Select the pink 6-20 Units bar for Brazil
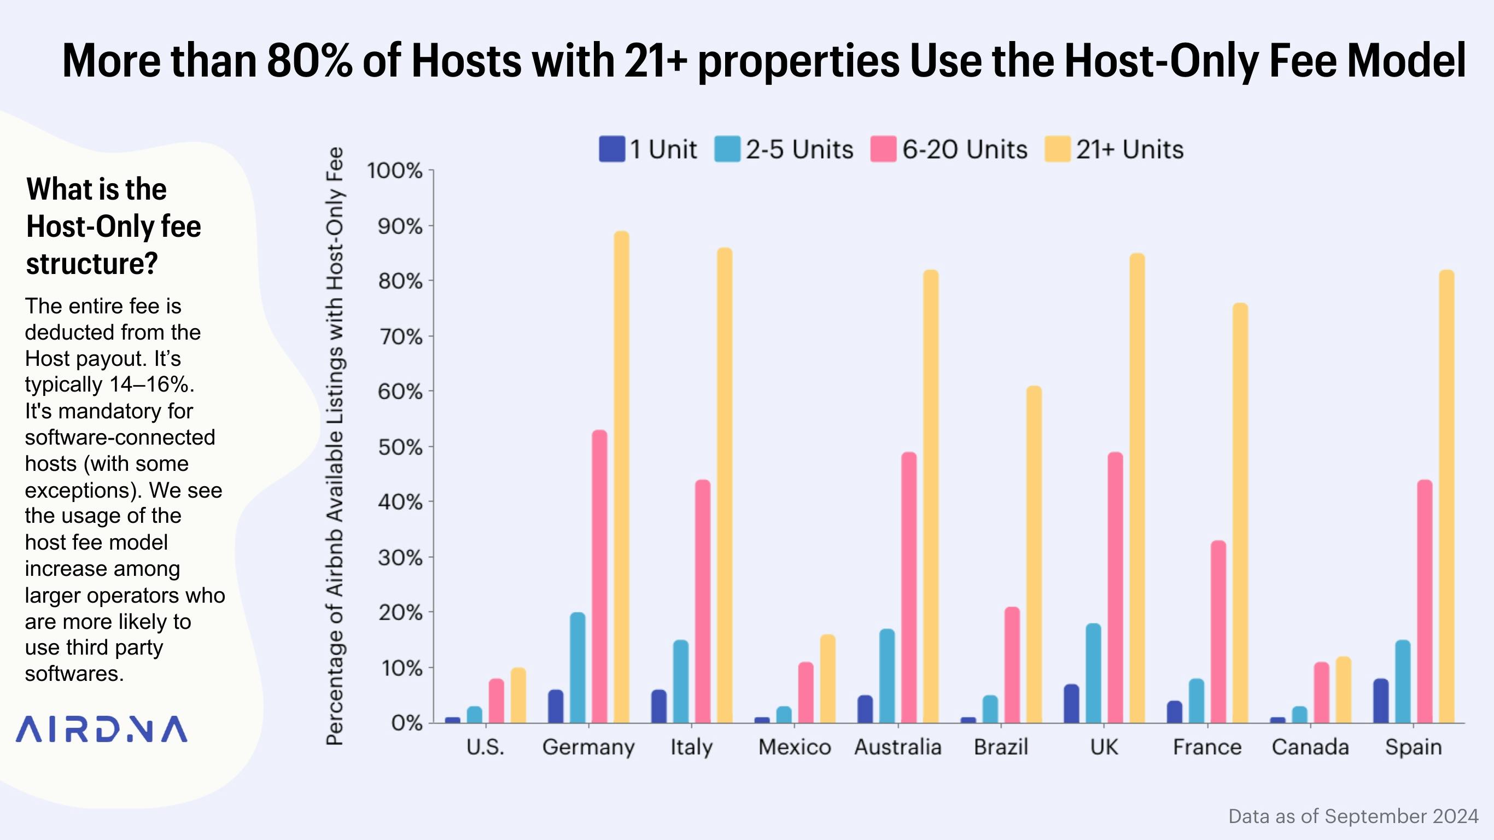pos(1012,665)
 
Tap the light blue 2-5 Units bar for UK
pos(1093,673)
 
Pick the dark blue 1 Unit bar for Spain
pos(1381,701)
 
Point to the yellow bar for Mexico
pos(827,679)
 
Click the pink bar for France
pos(1218,632)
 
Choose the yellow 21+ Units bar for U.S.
pos(518,695)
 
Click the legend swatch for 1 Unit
pos(612,149)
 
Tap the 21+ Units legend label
pos(1129,150)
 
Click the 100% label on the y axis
pos(394,171)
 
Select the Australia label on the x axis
pos(898,747)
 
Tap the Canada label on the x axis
pos(1310,747)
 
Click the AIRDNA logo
pos(102,729)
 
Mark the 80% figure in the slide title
pos(309,60)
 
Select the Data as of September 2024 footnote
pos(1353,816)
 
